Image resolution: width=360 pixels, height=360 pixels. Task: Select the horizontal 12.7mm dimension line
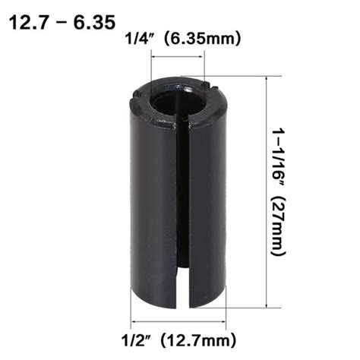pos(179,318)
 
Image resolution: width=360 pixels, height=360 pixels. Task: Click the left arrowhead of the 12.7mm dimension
pos(136,318)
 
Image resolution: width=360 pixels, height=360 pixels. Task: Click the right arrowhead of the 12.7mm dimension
pos(223,318)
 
